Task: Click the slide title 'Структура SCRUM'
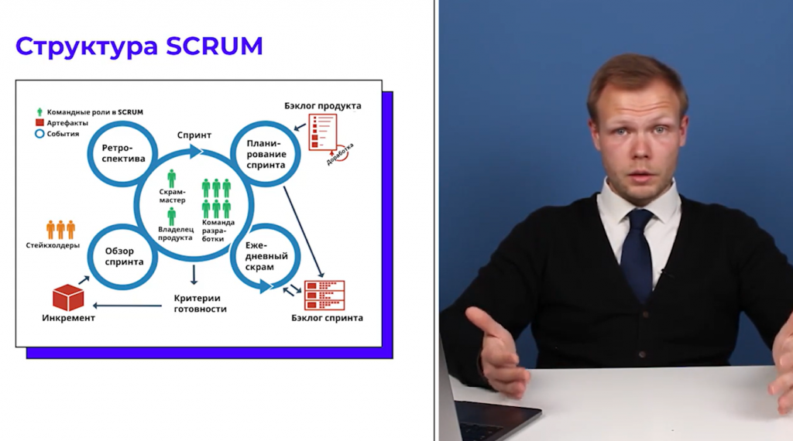point(139,46)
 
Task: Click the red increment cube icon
point(68,297)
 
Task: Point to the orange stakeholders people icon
point(60,230)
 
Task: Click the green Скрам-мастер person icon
point(172,179)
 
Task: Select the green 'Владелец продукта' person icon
point(172,217)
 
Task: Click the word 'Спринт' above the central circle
point(194,135)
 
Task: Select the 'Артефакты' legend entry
point(61,122)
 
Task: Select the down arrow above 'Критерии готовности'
point(194,275)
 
